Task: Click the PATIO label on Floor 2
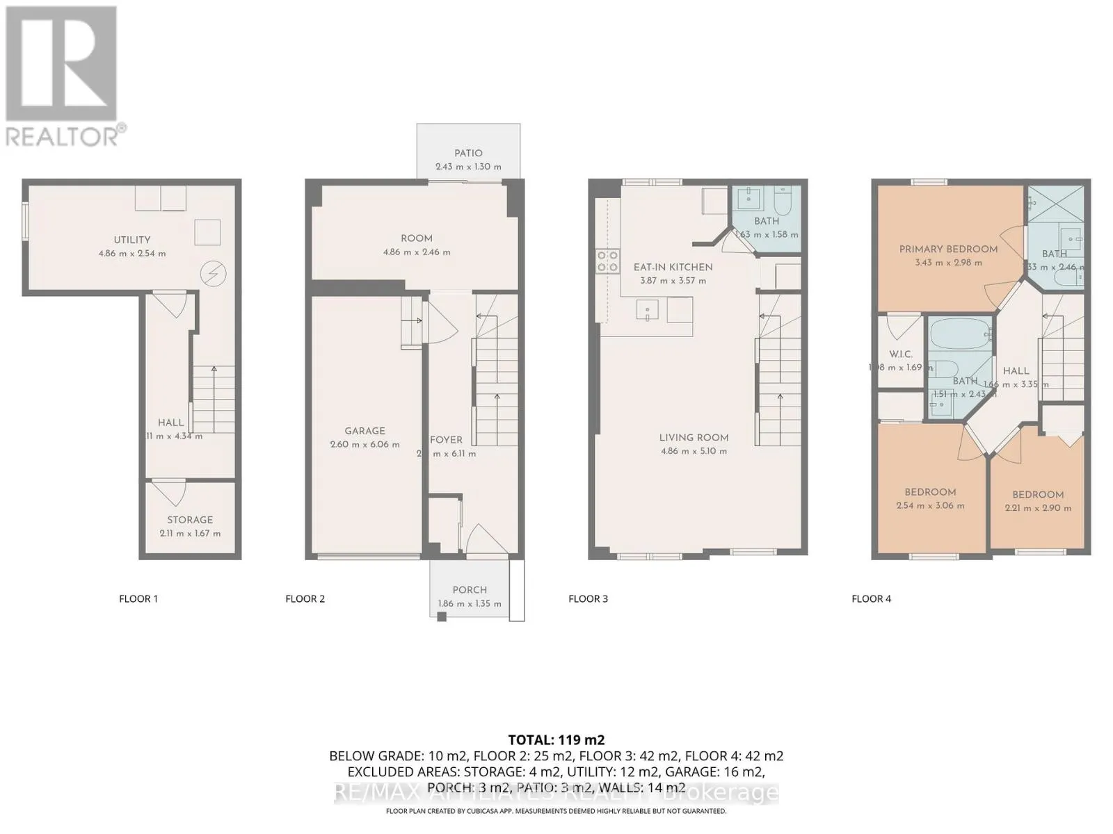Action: [x=468, y=153]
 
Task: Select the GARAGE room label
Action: [x=365, y=431]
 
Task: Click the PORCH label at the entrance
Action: [x=470, y=590]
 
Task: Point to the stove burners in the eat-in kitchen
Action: [x=607, y=261]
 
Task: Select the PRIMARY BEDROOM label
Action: [x=948, y=250]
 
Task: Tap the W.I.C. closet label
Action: [x=900, y=354]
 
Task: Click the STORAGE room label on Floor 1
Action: [x=190, y=520]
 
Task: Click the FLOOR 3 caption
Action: [x=588, y=598]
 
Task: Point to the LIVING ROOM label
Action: [x=694, y=438]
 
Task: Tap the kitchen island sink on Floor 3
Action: [x=648, y=309]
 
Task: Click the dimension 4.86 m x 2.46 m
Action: [x=417, y=252]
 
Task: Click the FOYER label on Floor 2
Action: [x=446, y=440]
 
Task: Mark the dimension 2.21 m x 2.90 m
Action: [x=1038, y=508]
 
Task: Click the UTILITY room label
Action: [x=132, y=240]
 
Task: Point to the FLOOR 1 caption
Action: [x=138, y=598]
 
